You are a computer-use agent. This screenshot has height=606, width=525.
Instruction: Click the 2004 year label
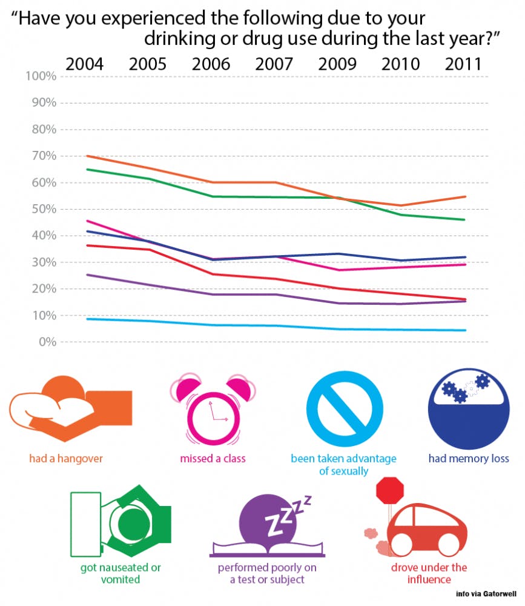point(84,64)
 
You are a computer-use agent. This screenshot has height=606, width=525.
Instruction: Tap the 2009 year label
point(338,64)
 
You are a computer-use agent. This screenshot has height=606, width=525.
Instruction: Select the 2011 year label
point(463,64)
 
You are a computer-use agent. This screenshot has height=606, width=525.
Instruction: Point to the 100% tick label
point(41,76)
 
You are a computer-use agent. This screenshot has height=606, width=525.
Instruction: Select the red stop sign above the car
point(389,491)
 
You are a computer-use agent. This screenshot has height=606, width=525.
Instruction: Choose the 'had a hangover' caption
point(66,458)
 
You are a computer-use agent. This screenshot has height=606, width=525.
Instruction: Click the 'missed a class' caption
point(213,458)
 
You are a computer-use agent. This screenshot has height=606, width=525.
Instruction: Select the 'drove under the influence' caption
point(429,573)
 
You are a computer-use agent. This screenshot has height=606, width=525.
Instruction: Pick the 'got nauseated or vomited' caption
point(121,573)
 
